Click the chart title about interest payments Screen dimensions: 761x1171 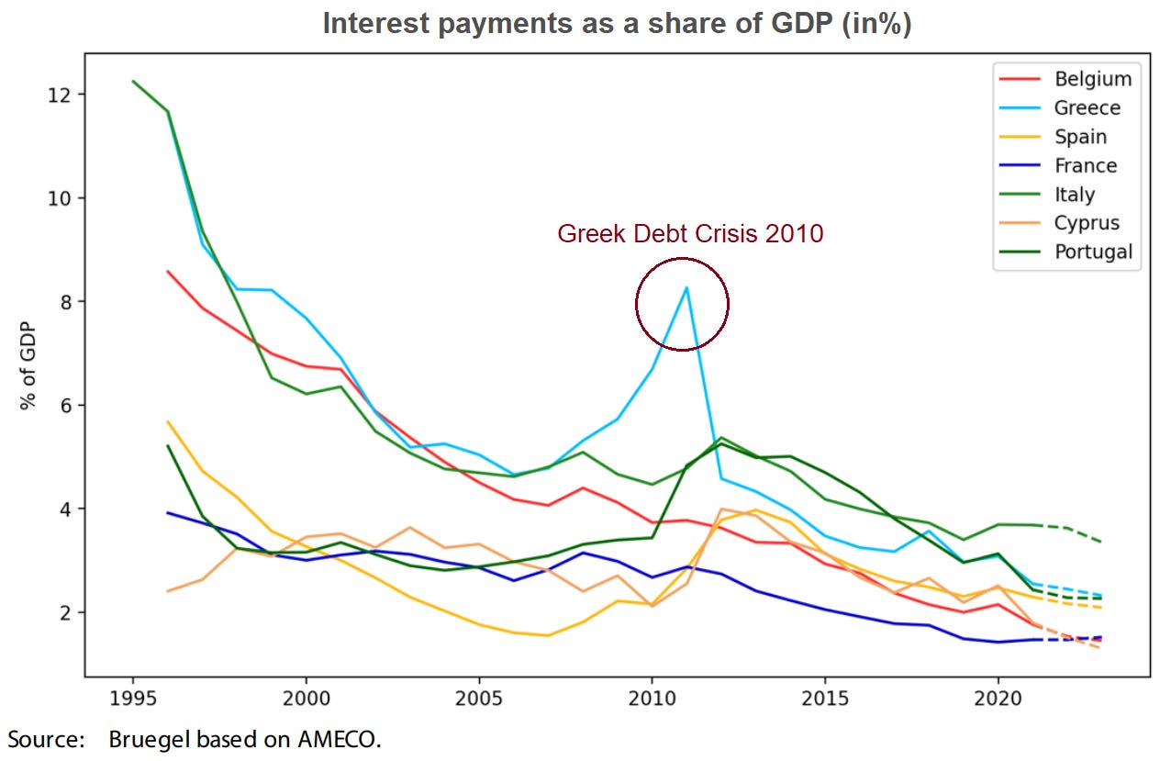click(617, 24)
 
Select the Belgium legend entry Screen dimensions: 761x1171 click(1092, 79)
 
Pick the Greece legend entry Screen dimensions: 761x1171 click(1087, 108)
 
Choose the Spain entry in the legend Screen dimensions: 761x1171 click(1080, 137)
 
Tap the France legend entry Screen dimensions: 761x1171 click(1085, 165)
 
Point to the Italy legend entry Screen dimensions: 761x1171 click(1074, 195)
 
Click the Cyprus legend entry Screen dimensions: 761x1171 click(1086, 223)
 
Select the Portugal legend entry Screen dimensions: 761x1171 click(1092, 252)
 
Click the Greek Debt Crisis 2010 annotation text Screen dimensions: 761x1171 click(690, 234)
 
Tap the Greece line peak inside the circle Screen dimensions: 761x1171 click(686, 287)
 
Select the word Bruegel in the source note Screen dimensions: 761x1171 click(143, 740)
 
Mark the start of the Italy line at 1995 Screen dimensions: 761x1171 click(134, 82)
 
